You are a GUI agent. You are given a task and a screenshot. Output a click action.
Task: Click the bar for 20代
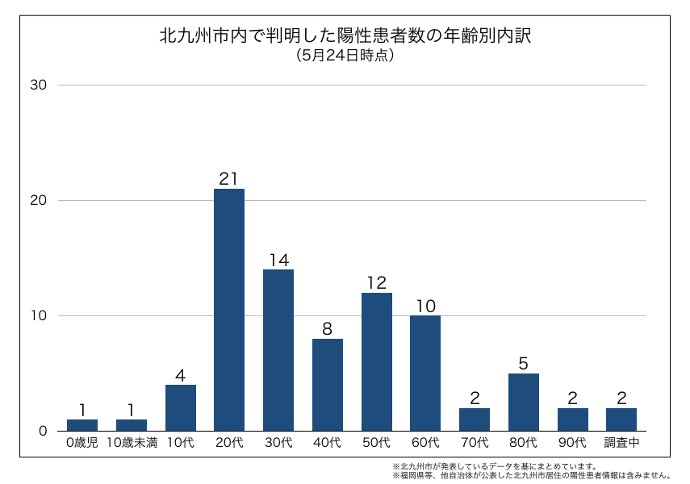[229, 310]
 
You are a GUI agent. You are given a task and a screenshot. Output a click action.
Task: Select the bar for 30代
[278, 350]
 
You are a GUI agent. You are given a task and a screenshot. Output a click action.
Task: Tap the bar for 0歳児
[82, 425]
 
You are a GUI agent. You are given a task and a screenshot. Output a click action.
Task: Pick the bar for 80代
[524, 402]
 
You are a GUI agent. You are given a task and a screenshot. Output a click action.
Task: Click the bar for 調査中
[621, 419]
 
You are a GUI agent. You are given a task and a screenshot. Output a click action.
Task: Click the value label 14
[278, 260]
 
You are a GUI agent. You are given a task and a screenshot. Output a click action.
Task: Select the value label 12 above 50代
[377, 283]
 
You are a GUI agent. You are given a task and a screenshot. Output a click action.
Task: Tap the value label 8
[328, 329]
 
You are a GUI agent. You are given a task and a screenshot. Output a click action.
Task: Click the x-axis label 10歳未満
[132, 443]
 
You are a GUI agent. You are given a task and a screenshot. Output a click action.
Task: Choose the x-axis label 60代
[425, 443]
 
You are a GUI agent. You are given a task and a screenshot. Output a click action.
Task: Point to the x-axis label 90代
[572, 443]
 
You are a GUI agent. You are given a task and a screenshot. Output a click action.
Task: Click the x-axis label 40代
[328, 443]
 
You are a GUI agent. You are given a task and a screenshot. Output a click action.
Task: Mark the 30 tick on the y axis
[40, 86]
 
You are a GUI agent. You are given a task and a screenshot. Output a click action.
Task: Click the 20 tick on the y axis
[40, 200]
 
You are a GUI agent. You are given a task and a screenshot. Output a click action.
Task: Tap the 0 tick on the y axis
[44, 431]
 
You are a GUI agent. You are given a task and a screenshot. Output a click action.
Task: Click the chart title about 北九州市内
[345, 37]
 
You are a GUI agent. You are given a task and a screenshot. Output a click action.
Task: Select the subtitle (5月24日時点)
[345, 56]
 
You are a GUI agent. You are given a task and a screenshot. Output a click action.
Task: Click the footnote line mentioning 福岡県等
[532, 476]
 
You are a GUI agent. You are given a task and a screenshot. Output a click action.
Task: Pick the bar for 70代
[475, 419]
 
